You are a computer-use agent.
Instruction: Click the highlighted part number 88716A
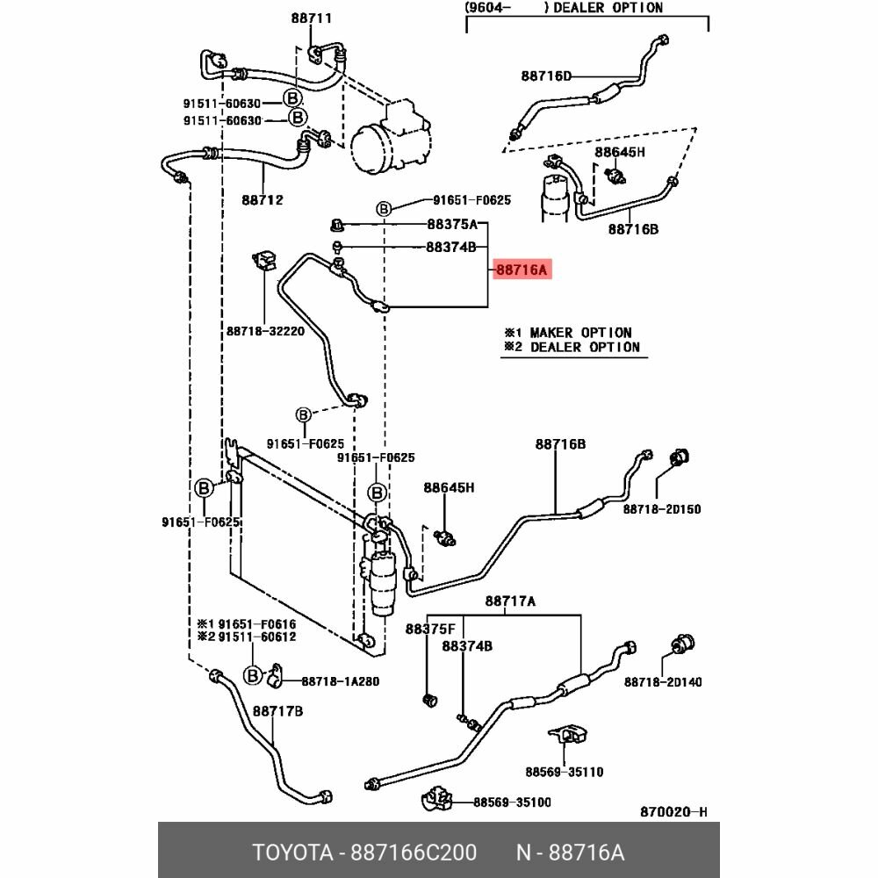click(522, 270)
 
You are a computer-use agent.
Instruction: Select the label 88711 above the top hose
click(312, 18)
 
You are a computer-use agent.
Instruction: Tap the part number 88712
click(263, 200)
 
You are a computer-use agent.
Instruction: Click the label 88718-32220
click(265, 331)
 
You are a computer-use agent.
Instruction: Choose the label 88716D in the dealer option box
click(546, 76)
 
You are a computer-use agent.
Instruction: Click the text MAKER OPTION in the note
click(580, 333)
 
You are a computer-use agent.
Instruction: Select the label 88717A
click(510, 601)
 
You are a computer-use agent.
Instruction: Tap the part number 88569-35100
click(513, 802)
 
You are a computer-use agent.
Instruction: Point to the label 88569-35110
click(565, 772)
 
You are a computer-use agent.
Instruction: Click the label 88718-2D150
click(662, 509)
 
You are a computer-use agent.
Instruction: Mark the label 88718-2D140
click(663, 682)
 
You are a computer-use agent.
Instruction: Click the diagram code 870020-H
click(673, 812)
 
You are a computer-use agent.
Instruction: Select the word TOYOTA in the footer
click(292, 853)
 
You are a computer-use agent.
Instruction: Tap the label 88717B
click(277, 711)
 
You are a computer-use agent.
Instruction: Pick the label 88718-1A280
click(341, 681)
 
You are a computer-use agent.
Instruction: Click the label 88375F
click(430, 630)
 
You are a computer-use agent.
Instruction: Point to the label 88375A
click(452, 225)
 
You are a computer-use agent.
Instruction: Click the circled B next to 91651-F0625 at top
click(384, 209)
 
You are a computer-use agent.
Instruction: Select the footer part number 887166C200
click(414, 853)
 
